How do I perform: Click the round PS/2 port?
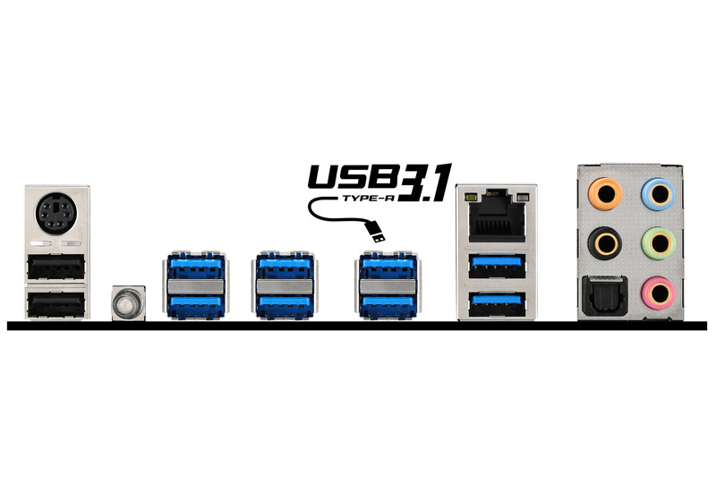[x=56, y=214]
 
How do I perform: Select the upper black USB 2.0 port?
[x=55, y=267]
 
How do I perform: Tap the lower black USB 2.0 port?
[x=55, y=304]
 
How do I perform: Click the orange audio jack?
[x=605, y=194]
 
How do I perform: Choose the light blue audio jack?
[x=658, y=194]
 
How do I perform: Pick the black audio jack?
[x=605, y=243]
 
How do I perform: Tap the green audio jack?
[x=658, y=243]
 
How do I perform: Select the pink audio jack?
[x=658, y=293]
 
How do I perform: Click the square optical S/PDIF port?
[x=603, y=295]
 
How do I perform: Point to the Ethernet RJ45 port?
[x=497, y=216]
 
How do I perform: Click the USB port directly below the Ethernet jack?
[x=497, y=266]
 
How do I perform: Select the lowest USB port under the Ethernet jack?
[x=497, y=304]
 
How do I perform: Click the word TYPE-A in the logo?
[x=369, y=198]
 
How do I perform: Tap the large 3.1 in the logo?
[x=426, y=182]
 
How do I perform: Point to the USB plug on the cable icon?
[x=375, y=232]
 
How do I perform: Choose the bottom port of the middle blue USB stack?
[x=285, y=305]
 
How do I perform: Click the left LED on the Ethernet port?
[x=471, y=198]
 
